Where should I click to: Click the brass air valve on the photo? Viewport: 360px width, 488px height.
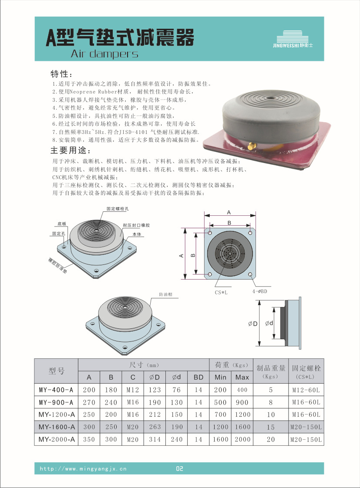pyautogui.click(x=252, y=145)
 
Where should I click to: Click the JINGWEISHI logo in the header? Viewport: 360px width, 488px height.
pyautogui.click(x=293, y=39)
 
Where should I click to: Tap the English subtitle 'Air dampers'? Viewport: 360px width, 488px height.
pyautogui.click(x=104, y=54)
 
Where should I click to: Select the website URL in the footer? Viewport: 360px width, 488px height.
pyautogui.click(x=83, y=469)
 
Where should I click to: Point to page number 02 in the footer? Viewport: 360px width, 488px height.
pyautogui.click(x=180, y=469)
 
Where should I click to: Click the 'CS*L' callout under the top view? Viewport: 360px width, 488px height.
pyautogui.click(x=221, y=293)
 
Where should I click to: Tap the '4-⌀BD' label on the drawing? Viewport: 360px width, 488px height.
pyautogui.click(x=260, y=291)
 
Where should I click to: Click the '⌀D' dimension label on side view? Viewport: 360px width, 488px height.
pyautogui.click(x=252, y=324)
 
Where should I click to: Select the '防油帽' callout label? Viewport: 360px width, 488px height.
pyautogui.click(x=165, y=294)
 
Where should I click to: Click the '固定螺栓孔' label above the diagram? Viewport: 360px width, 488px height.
pyautogui.click(x=118, y=209)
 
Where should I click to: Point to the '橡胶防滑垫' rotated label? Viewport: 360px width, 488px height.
pyautogui.click(x=57, y=265)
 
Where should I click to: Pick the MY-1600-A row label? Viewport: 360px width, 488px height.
pyautogui.click(x=57, y=427)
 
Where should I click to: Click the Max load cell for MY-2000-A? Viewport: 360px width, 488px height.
pyautogui.click(x=242, y=439)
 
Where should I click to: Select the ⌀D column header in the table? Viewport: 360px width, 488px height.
pyautogui.click(x=155, y=378)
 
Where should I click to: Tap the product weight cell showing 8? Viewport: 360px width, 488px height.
pyautogui.click(x=271, y=402)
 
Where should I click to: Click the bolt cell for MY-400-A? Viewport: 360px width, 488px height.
pyautogui.click(x=306, y=390)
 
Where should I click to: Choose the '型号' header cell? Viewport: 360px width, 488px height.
pyautogui.click(x=56, y=371)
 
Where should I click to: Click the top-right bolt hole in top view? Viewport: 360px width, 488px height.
pyautogui.click(x=250, y=233)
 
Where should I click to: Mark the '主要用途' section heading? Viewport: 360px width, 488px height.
pyautogui.click(x=71, y=150)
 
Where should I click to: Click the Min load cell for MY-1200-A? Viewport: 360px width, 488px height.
pyautogui.click(x=221, y=414)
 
